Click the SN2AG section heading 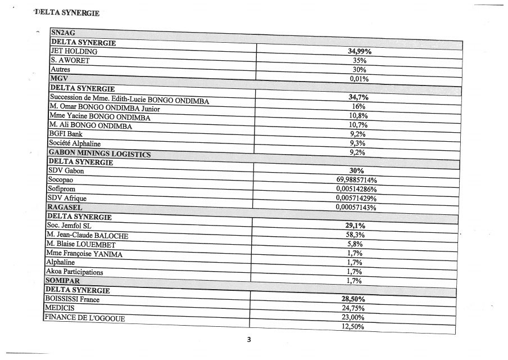(61, 34)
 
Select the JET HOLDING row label (74, 51)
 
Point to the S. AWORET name (70, 60)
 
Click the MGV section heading (58, 78)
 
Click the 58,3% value (355, 235)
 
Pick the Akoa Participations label (74, 272)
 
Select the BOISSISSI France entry (71, 299)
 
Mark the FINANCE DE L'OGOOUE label (84, 318)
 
